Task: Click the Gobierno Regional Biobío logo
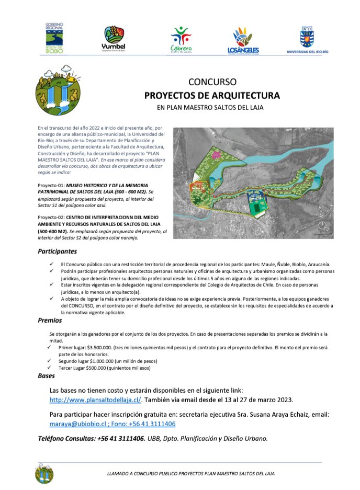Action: tap(53, 38)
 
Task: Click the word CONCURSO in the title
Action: tap(212, 82)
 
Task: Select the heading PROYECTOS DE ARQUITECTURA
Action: tap(212, 95)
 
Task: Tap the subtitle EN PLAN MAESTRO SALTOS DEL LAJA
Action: tap(212, 108)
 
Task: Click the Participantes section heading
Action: tap(57, 252)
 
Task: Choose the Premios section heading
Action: tap(50, 320)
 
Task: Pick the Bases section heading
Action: tap(46, 375)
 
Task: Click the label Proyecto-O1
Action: tap(51, 186)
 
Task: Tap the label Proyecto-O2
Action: tap(51, 216)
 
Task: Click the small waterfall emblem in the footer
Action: tap(44, 473)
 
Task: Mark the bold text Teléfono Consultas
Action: tap(66, 439)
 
